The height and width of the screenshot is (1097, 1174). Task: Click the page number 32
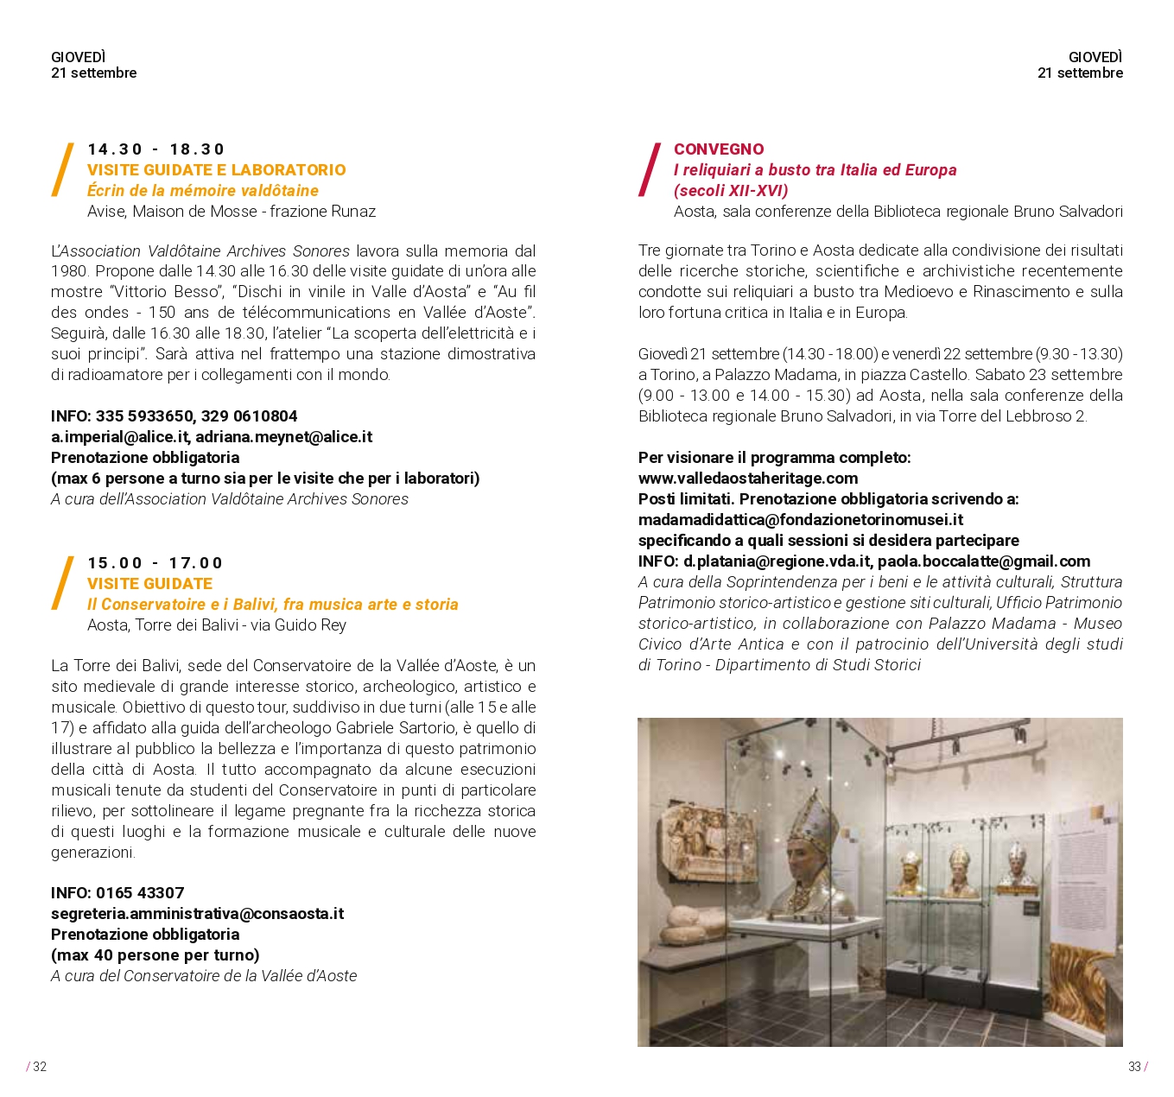click(x=40, y=1067)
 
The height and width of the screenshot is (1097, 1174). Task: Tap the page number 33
click(x=1134, y=1067)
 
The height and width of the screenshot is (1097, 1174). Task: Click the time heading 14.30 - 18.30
click(x=155, y=149)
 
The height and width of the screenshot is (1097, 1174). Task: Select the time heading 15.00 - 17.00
click(x=155, y=563)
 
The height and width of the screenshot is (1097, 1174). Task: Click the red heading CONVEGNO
click(x=719, y=149)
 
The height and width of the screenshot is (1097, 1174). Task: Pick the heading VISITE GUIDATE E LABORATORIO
click(x=216, y=170)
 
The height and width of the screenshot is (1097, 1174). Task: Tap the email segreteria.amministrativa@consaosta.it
click(x=197, y=914)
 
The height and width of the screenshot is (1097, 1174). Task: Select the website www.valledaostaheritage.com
click(x=748, y=479)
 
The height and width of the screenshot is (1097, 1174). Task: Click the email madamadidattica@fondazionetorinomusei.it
click(x=801, y=520)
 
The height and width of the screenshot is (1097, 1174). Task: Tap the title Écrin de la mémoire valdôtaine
click(x=203, y=191)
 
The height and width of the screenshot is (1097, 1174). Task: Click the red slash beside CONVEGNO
click(x=650, y=169)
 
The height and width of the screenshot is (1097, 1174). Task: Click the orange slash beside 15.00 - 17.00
click(x=62, y=583)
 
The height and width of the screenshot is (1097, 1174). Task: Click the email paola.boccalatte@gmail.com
click(x=984, y=561)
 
